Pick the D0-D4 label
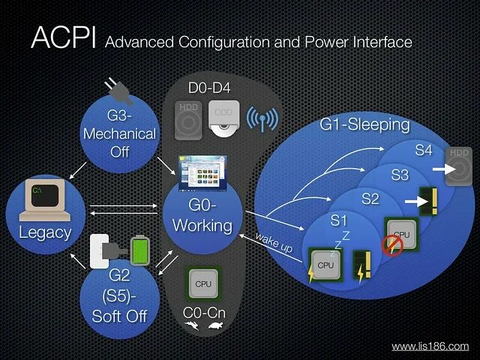(x=210, y=88)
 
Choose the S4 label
(x=424, y=150)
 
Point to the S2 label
(x=370, y=199)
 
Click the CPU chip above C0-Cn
(x=203, y=284)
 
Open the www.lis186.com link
(x=430, y=346)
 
